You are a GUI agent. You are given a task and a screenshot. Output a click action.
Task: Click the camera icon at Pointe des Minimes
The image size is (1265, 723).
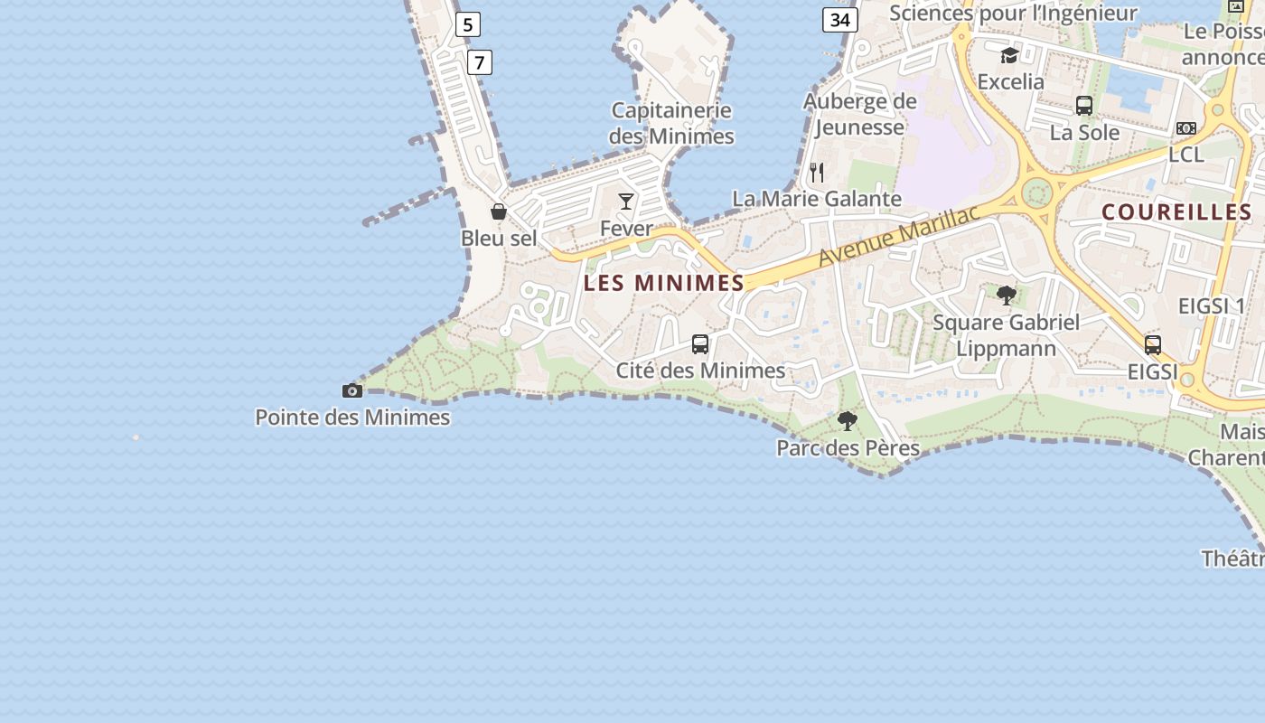(352, 390)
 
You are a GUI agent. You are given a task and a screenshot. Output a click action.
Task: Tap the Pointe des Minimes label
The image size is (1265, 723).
(352, 418)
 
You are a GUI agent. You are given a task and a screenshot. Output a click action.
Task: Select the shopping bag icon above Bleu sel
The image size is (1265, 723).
(498, 211)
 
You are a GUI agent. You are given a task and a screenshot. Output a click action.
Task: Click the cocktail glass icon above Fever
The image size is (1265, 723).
(626, 201)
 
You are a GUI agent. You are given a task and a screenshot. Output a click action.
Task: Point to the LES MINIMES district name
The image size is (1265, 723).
(664, 283)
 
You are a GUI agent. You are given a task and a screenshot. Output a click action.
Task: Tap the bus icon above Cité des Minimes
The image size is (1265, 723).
(700, 343)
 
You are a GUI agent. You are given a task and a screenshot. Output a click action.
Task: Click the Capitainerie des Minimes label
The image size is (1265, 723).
(671, 123)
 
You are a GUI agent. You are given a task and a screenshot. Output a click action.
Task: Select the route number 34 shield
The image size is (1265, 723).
(839, 20)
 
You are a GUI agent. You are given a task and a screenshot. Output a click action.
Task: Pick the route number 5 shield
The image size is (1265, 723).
(467, 24)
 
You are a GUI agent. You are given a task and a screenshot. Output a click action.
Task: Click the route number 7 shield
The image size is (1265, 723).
(480, 62)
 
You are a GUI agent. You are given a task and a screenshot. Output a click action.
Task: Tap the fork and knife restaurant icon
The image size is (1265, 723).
(817, 172)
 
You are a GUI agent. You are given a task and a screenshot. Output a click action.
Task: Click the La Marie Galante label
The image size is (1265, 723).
(817, 199)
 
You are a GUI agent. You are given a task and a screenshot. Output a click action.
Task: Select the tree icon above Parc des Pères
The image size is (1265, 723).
(848, 420)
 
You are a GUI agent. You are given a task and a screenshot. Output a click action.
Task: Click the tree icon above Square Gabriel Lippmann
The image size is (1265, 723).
(1007, 295)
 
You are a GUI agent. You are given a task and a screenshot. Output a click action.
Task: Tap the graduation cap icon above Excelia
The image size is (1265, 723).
(1009, 55)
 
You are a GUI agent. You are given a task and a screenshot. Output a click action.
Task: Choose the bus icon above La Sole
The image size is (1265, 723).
(1084, 106)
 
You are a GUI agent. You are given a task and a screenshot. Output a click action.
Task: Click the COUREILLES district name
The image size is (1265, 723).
(1176, 212)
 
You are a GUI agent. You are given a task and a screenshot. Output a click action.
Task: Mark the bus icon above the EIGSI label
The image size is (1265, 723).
(1153, 344)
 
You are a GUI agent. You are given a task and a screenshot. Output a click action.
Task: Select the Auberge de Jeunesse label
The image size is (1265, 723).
(859, 114)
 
